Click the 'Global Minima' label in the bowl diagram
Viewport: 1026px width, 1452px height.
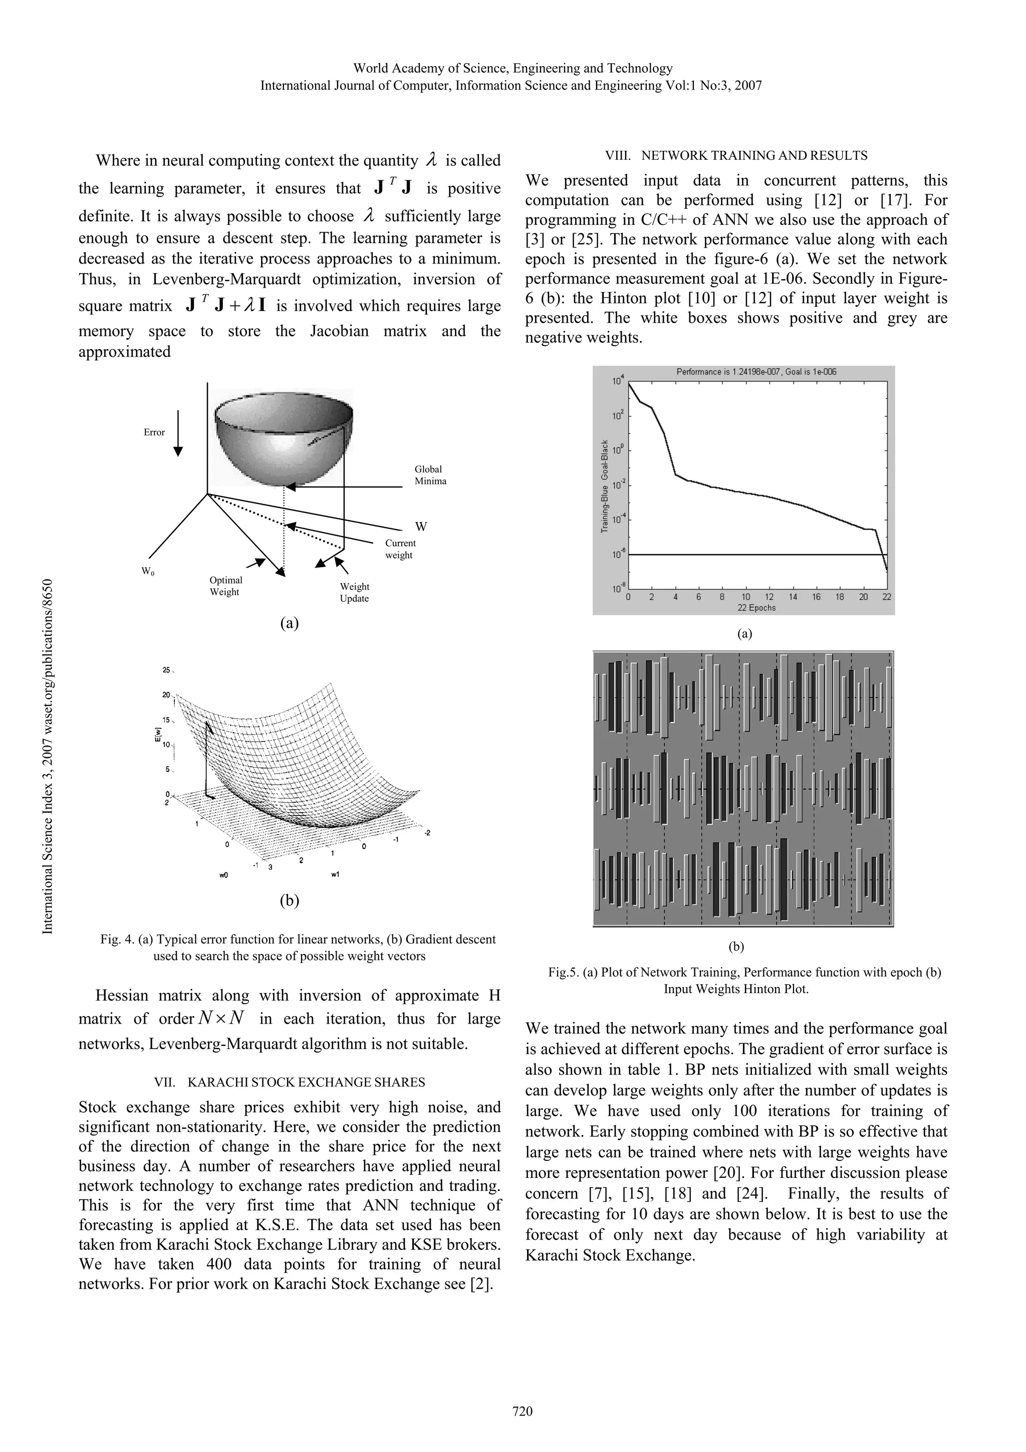430,475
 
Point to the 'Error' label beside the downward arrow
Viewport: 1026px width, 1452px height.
154,432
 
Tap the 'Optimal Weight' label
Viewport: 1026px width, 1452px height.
225,586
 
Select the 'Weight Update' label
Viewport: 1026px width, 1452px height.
355,593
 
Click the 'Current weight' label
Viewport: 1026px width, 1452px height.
400,549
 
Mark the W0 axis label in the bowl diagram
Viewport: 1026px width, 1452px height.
148,572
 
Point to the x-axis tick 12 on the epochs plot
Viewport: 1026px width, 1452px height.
768,597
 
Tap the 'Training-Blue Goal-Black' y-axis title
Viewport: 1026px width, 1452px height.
604,486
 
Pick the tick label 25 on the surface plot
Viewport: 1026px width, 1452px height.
166,670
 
